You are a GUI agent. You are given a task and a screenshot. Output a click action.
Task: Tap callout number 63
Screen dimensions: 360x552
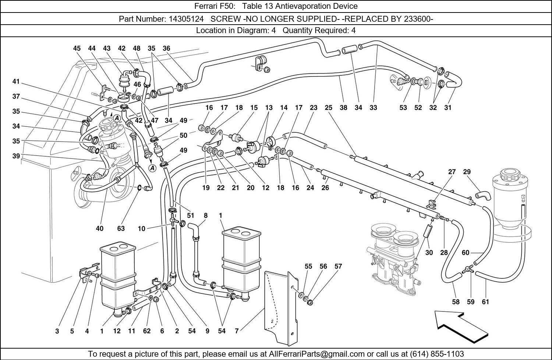(x=121, y=228)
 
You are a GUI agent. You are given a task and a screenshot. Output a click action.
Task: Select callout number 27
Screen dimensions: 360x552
(x=452, y=172)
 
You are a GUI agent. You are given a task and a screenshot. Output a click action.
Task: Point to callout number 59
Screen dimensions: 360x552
(x=471, y=302)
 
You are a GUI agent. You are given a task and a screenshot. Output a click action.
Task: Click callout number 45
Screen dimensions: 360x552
(x=77, y=48)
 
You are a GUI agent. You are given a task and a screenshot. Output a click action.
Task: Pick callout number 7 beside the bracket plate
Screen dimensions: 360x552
(x=237, y=331)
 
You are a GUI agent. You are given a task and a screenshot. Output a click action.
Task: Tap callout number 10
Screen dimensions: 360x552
(x=141, y=228)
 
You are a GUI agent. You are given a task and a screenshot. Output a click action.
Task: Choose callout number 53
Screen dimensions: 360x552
(x=403, y=108)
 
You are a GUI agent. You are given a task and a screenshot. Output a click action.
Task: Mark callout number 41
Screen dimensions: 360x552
(x=15, y=82)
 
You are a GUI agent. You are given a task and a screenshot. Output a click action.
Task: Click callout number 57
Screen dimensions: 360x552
(x=338, y=266)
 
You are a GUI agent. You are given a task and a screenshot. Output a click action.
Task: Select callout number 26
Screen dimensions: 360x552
(x=325, y=188)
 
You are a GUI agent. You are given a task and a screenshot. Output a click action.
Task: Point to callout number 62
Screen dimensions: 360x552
(x=146, y=331)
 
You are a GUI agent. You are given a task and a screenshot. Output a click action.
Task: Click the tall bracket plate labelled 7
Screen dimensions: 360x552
(x=280, y=302)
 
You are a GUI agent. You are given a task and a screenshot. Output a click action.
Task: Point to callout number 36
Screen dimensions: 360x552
(x=166, y=48)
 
